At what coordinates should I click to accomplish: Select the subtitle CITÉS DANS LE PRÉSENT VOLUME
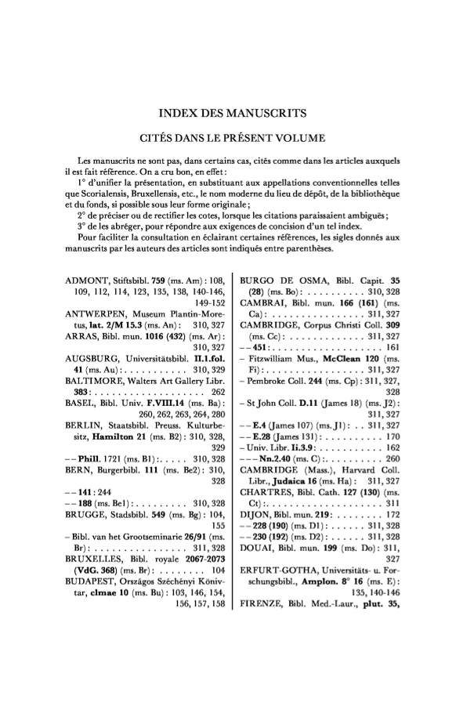point(237,139)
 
